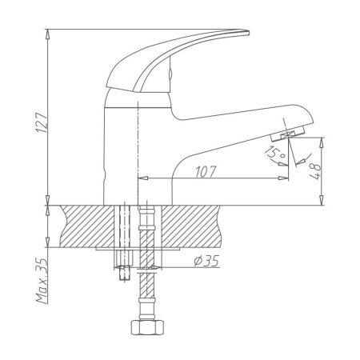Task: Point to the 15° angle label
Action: [x=274, y=154]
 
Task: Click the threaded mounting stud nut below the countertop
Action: [x=124, y=272]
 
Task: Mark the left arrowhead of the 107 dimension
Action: [x=142, y=178]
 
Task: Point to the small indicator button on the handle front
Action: [x=169, y=78]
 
